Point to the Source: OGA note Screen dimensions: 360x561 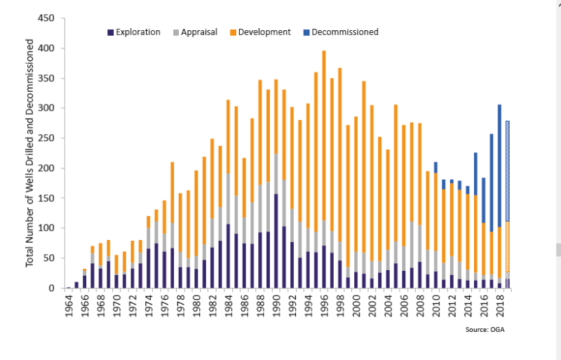coord(484,328)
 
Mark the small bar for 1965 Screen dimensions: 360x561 coord(76,285)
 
